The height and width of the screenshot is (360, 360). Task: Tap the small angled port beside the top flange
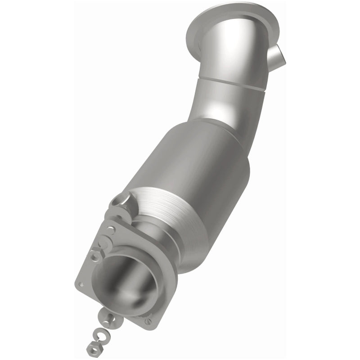(279, 58)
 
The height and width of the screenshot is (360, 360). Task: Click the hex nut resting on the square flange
(95, 256)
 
